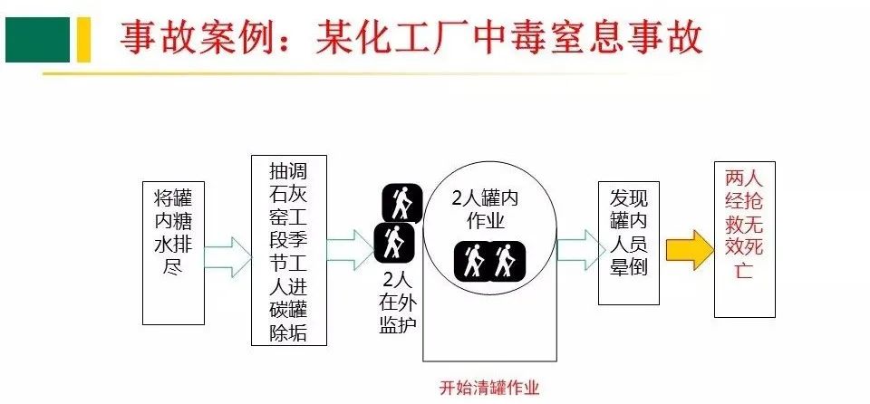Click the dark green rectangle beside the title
(x=37, y=39)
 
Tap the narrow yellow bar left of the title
(x=82, y=39)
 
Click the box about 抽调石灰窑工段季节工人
(x=288, y=250)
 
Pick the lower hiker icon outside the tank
(x=393, y=242)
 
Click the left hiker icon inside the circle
(x=472, y=261)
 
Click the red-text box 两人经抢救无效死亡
(x=744, y=239)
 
